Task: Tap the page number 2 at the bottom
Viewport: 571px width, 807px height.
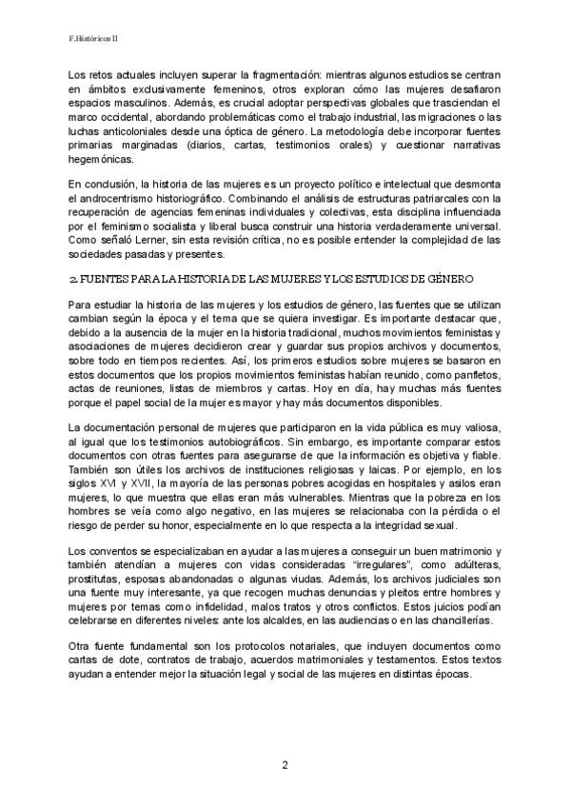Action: tap(284, 764)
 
